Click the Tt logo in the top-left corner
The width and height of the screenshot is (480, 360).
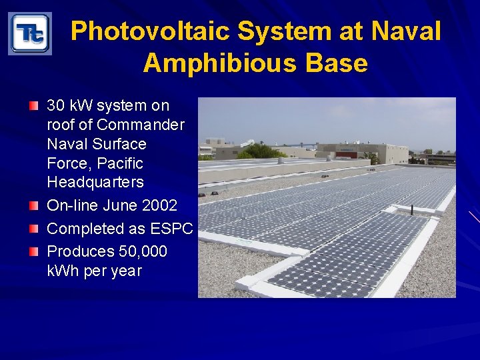[x=29, y=33]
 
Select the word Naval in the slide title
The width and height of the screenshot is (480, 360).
[x=406, y=31]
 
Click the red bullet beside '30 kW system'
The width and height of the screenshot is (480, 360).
[x=34, y=105]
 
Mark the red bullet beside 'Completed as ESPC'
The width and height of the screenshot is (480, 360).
[x=34, y=229]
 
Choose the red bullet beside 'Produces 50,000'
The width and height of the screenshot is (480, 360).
[x=34, y=251]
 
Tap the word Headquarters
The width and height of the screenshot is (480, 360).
[x=95, y=182]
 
